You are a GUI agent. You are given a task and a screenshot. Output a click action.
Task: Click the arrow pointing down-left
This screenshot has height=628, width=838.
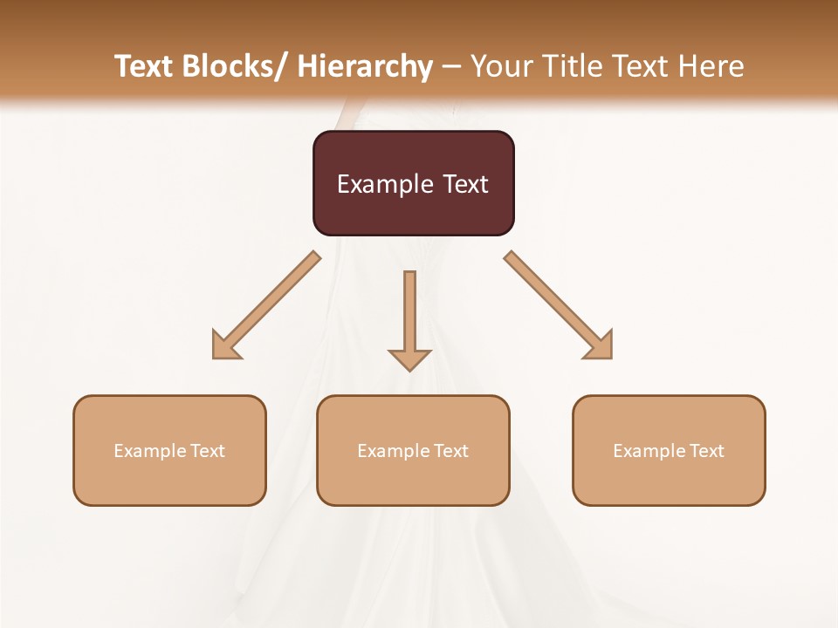click(x=266, y=305)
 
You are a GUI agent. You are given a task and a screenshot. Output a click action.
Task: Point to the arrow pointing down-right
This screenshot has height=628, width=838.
click(x=558, y=304)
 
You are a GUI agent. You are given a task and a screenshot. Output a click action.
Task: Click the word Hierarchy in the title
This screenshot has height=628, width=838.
click(x=365, y=66)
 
